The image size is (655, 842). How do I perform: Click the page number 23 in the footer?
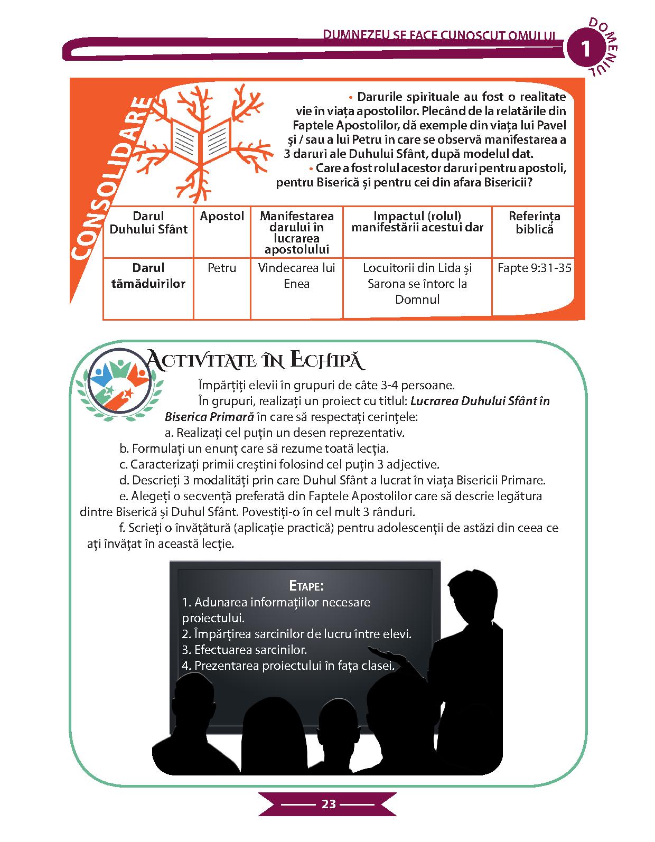(328, 819)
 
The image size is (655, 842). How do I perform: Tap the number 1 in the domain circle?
(585, 49)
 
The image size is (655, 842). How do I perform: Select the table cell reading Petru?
(222, 268)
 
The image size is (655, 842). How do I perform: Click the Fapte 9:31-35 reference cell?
(534, 268)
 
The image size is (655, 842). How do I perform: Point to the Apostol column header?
(222, 216)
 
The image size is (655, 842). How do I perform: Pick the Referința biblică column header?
(534, 222)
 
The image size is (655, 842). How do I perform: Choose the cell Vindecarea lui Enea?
(296, 276)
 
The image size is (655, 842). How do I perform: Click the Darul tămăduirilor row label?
(148, 276)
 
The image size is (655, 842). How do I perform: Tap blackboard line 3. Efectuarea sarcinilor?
(244, 650)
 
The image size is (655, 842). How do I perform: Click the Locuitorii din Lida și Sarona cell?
(417, 284)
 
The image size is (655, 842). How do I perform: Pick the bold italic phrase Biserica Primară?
(209, 417)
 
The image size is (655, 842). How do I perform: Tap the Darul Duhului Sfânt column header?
(148, 222)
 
